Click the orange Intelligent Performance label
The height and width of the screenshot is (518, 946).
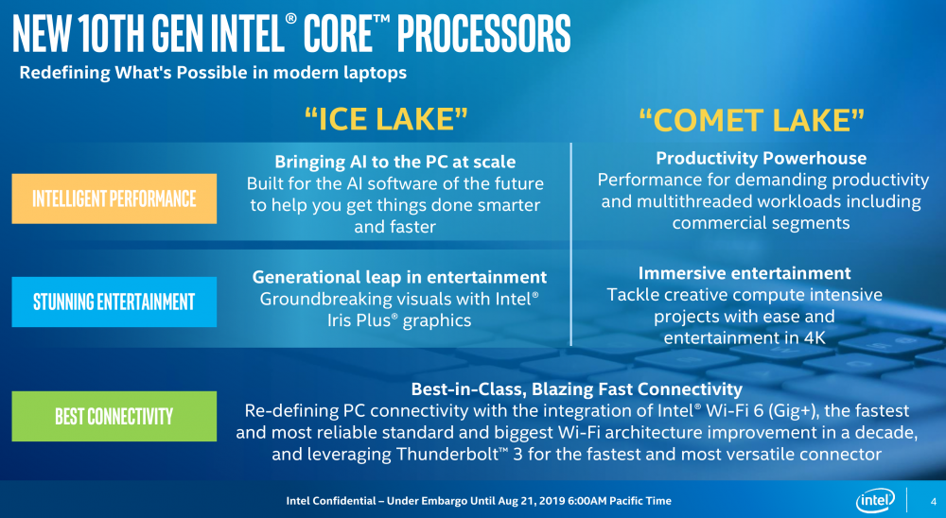114,199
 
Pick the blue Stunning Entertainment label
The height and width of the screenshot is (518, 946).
114,302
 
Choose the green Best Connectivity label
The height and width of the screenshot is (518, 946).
114,416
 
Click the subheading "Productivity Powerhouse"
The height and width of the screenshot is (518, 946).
761,158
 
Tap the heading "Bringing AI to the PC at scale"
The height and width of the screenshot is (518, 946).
395,162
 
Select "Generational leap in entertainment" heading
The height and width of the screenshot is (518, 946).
399,277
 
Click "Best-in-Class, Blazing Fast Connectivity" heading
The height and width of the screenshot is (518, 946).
577,388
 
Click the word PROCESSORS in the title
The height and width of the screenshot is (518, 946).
484,34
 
